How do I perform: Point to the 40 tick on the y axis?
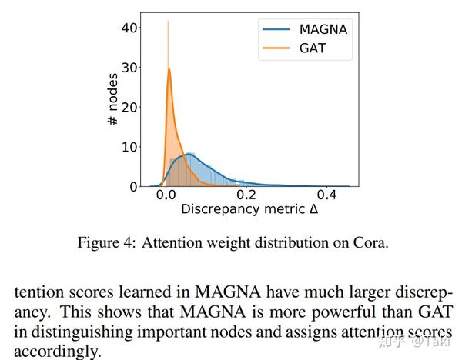129,28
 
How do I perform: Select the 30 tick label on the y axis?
129,68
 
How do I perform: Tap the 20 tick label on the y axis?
129,107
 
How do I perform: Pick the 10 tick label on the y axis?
129,147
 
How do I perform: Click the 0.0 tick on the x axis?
166,195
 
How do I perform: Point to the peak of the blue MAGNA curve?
189,155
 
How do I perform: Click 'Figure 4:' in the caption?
103,243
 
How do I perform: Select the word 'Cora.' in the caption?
370,243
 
